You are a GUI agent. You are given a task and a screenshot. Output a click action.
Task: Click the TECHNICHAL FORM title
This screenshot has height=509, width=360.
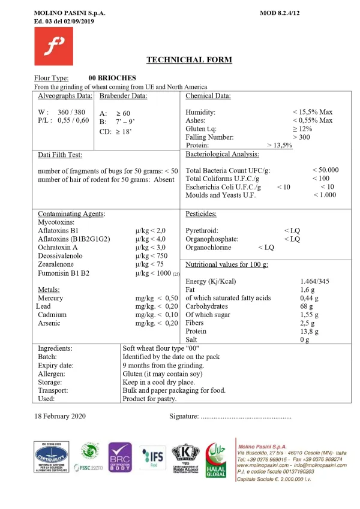[x=189, y=59]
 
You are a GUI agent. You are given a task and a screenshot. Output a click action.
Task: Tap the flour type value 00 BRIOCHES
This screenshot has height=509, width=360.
[x=112, y=78]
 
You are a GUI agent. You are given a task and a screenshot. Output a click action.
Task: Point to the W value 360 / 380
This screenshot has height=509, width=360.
[x=71, y=112]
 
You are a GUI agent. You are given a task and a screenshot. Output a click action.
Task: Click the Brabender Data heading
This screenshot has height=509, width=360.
[x=124, y=95]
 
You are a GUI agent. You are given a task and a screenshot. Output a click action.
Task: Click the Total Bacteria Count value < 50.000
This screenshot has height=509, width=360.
[x=325, y=170]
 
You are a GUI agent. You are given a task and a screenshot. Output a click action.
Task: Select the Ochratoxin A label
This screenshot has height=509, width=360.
[x=58, y=246]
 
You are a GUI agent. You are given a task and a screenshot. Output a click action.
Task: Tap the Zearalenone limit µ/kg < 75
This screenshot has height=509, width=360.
[x=150, y=264]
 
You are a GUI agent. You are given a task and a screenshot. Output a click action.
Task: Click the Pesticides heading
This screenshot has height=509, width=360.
[x=201, y=213]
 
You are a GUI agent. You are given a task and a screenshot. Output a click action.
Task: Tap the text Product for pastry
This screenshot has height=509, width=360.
[x=149, y=398]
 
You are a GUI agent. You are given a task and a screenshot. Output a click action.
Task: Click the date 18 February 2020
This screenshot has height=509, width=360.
[x=62, y=416]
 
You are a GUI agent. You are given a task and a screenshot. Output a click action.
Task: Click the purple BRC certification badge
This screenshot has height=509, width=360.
[x=119, y=459]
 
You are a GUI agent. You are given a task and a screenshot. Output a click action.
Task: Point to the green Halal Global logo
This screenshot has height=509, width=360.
[x=216, y=460]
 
